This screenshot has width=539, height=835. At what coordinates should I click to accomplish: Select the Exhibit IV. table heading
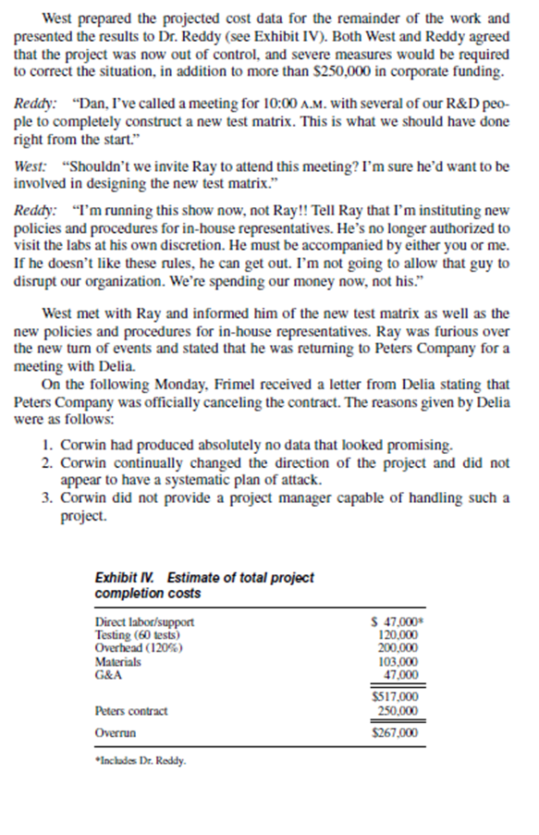coord(203,584)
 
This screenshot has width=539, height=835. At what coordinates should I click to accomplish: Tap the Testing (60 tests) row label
coord(139,636)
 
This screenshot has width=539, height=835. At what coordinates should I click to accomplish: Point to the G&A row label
coord(107,675)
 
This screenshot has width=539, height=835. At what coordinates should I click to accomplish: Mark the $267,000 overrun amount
coord(394,732)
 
